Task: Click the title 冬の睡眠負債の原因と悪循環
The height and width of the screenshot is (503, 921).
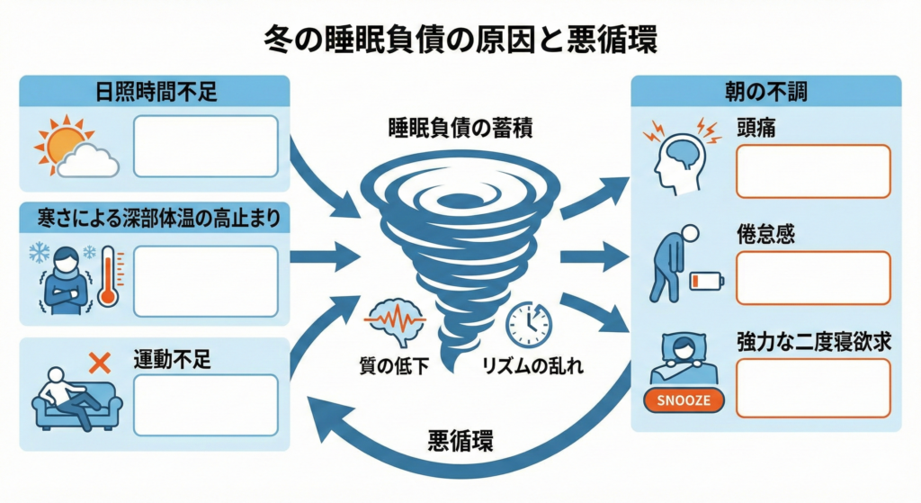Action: (460, 40)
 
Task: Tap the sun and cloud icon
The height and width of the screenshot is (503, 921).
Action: (76, 148)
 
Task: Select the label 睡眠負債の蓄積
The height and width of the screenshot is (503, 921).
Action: (459, 128)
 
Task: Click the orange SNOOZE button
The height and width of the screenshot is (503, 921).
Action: (684, 399)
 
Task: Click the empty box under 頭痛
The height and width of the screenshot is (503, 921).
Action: (813, 171)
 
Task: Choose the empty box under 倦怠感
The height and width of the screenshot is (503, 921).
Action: (813, 278)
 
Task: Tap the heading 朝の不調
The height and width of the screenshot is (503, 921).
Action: (765, 92)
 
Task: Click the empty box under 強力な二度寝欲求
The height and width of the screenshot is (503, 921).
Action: (813, 388)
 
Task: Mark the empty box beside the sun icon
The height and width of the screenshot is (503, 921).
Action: (206, 146)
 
